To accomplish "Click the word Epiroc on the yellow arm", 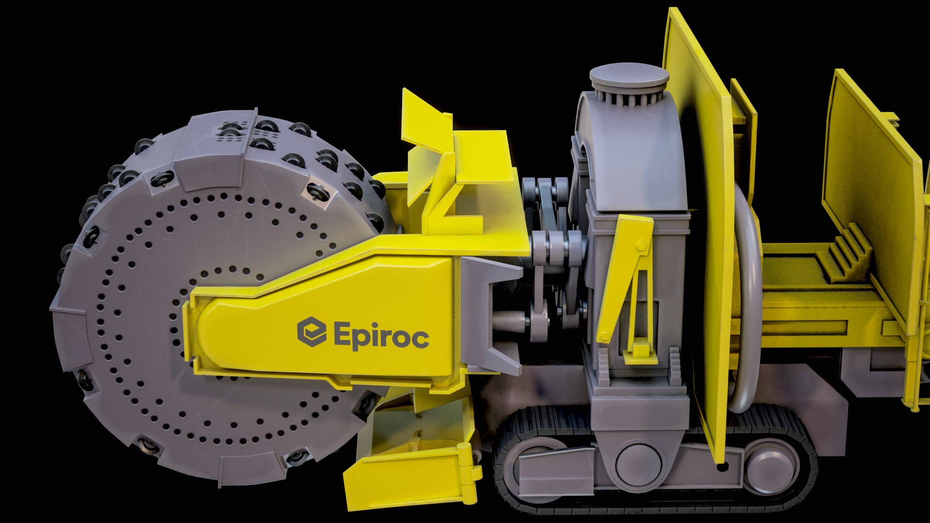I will tap(381, 335).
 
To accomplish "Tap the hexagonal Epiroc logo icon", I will tap(311, 332).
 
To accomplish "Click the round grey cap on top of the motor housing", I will tap(629, 77).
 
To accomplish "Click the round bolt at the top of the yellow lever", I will tap(642, 246).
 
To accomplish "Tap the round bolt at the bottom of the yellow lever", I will tap(605, 336).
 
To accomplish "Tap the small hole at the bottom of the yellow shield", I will tap(722, 467).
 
